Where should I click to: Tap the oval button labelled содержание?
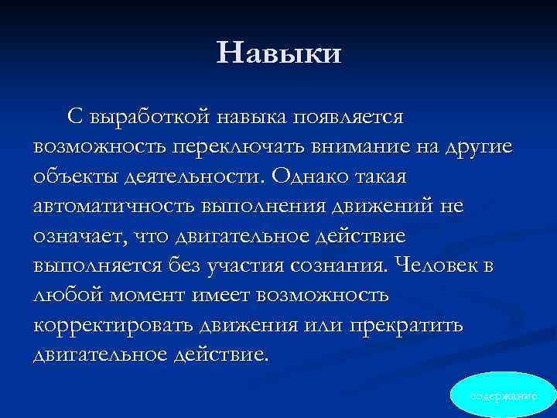(504, 396)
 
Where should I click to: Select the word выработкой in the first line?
(152, 117)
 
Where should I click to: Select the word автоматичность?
(114, 206)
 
